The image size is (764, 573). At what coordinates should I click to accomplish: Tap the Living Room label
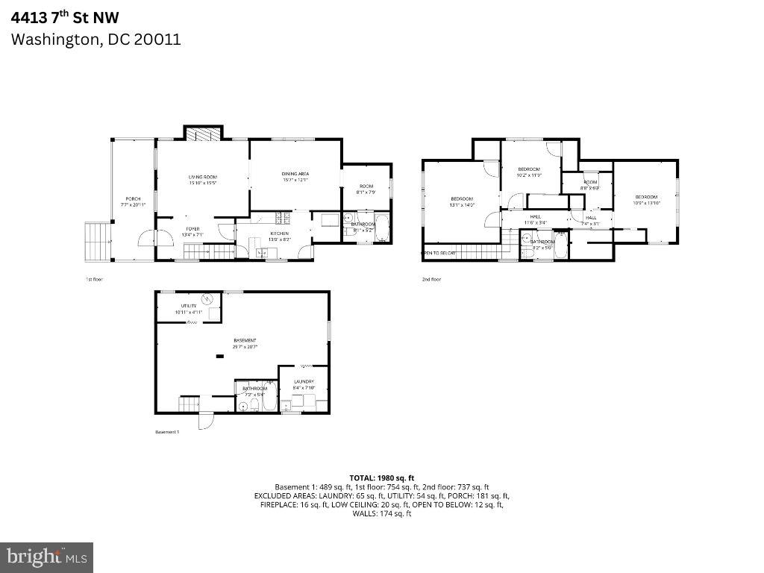coord(202,177)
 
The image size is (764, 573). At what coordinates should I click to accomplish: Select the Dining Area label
coord(295,174)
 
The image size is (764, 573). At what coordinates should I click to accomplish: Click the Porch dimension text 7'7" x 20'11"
coord(133,204)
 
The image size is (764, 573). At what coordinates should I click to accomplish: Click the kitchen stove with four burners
coord(282,218)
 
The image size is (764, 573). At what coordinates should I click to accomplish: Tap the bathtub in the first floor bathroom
coord(381,230)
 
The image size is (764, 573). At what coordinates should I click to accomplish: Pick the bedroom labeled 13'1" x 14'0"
coord(462,201)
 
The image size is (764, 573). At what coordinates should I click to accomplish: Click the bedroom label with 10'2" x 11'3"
coord(529,171)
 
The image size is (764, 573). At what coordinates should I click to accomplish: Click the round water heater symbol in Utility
coord(210,300)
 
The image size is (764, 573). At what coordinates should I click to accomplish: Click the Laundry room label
coord(304,383)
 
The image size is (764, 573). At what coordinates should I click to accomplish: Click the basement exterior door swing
coord(205,422)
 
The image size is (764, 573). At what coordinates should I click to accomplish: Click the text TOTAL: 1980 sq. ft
coord(381,477)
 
